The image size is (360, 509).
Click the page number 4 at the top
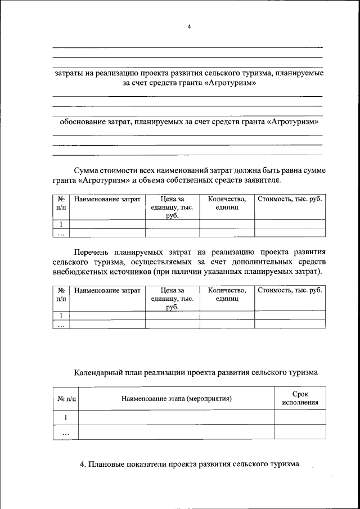[190, 26]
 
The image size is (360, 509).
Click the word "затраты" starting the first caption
[69, 73]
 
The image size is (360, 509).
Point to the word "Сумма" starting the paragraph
[87, 170]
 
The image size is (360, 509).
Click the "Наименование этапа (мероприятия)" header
[177, 399]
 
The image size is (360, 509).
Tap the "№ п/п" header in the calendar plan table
[65, 399]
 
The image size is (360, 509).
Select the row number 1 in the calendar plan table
[65, 417]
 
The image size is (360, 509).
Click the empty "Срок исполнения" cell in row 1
[300, 417]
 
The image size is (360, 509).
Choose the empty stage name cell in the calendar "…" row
[177, 432]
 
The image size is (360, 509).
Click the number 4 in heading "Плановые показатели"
[82, 465]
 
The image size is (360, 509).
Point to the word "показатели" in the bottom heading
[146, 465]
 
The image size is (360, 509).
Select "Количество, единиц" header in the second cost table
[227, 295]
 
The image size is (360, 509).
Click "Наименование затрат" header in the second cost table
[107, 290]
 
